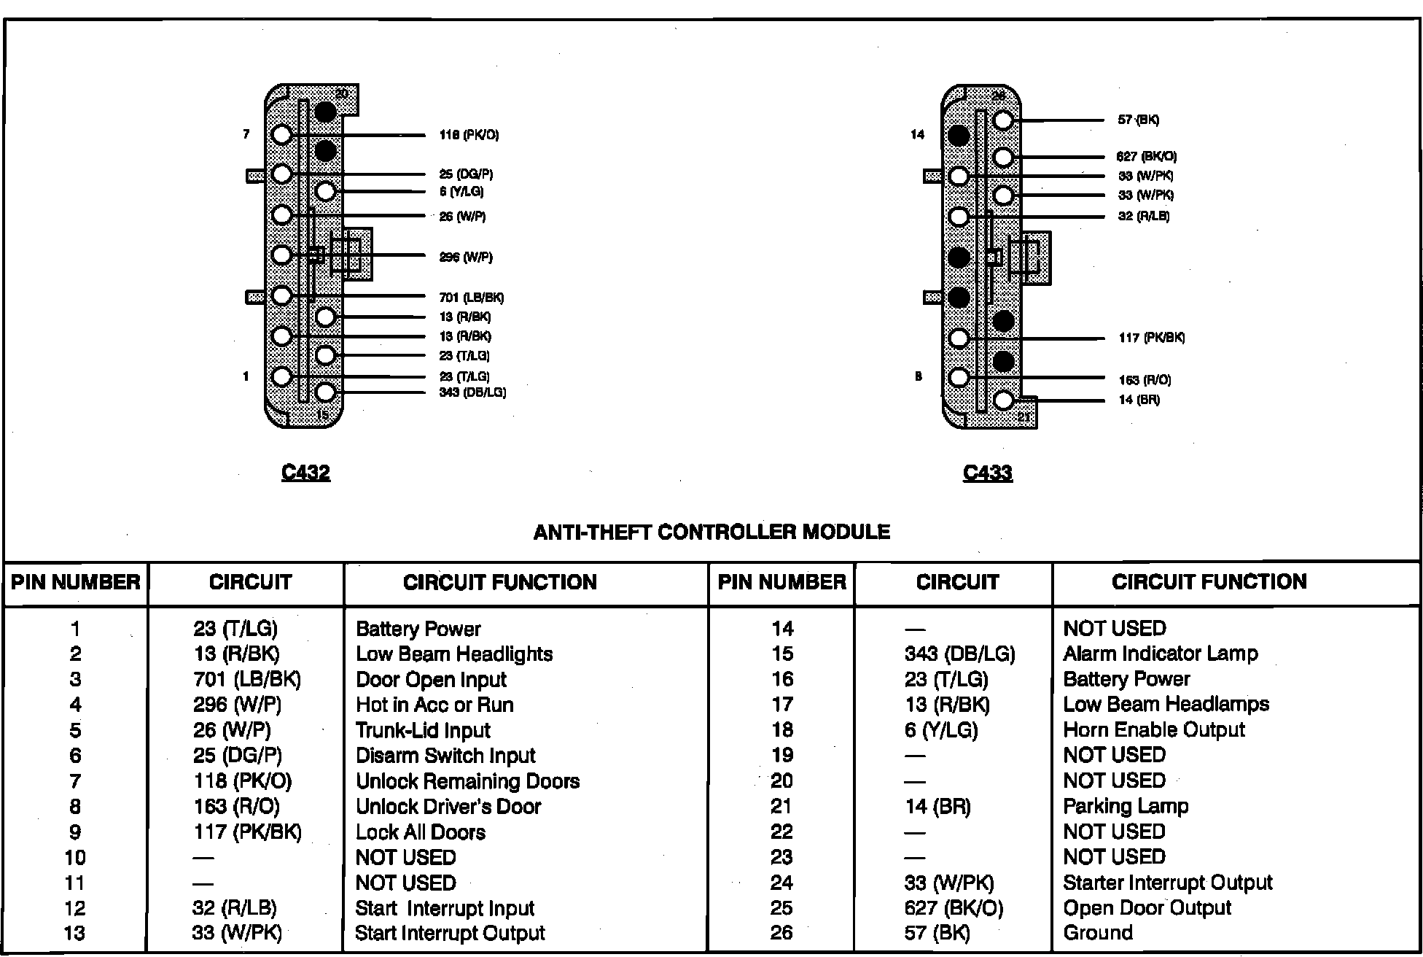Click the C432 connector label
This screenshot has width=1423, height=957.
pyautogui.click(x=305, y=473)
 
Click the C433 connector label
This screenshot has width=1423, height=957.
pyautogui.click(x=987, y=473)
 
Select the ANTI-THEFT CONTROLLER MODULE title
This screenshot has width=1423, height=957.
pyautogui.click(x=711, y=532)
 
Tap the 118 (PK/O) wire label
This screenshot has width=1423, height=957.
pyautogui.click(x=469, y=135)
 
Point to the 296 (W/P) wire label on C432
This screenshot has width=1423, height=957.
pyautogui.click(x=466, y=257)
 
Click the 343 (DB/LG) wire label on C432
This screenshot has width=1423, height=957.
pyautogui.click(x=472, y=392)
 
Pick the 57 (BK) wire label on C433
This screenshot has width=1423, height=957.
pyautogui.click(x=1138, y=120)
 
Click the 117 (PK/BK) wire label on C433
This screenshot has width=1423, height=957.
pyautogui.click(x=1151, y=338)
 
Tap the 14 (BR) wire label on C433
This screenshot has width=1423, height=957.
pyautogui.click(x=1139, y=400)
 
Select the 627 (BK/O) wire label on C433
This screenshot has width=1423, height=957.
pyautogui.click(x=1146, y=156)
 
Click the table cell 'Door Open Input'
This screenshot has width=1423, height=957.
pyautogui.click(x=431, y=680)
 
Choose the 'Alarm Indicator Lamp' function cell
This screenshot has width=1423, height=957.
pyautogui.click(x=1161, y=654)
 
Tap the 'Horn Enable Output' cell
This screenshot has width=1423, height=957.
pyautogui.click(x=1154, y=729)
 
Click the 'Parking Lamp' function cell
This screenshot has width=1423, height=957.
pyautogui.click(x=1126, y=806)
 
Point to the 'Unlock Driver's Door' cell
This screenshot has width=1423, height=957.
pyautogui.click(x=448, y=807)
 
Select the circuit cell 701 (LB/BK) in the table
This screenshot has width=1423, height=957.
pyautogui.click(x=247, y=680)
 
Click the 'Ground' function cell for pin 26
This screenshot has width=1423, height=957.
pyautogui.click(x=1098, y=933)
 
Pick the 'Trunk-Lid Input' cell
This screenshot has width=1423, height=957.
pyautogui.click(x=423, y=730)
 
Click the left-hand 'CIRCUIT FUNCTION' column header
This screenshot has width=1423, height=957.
pyautogui.click(x=499, y=582)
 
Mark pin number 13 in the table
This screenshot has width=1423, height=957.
pyautogui.click(x=75, y=933)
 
